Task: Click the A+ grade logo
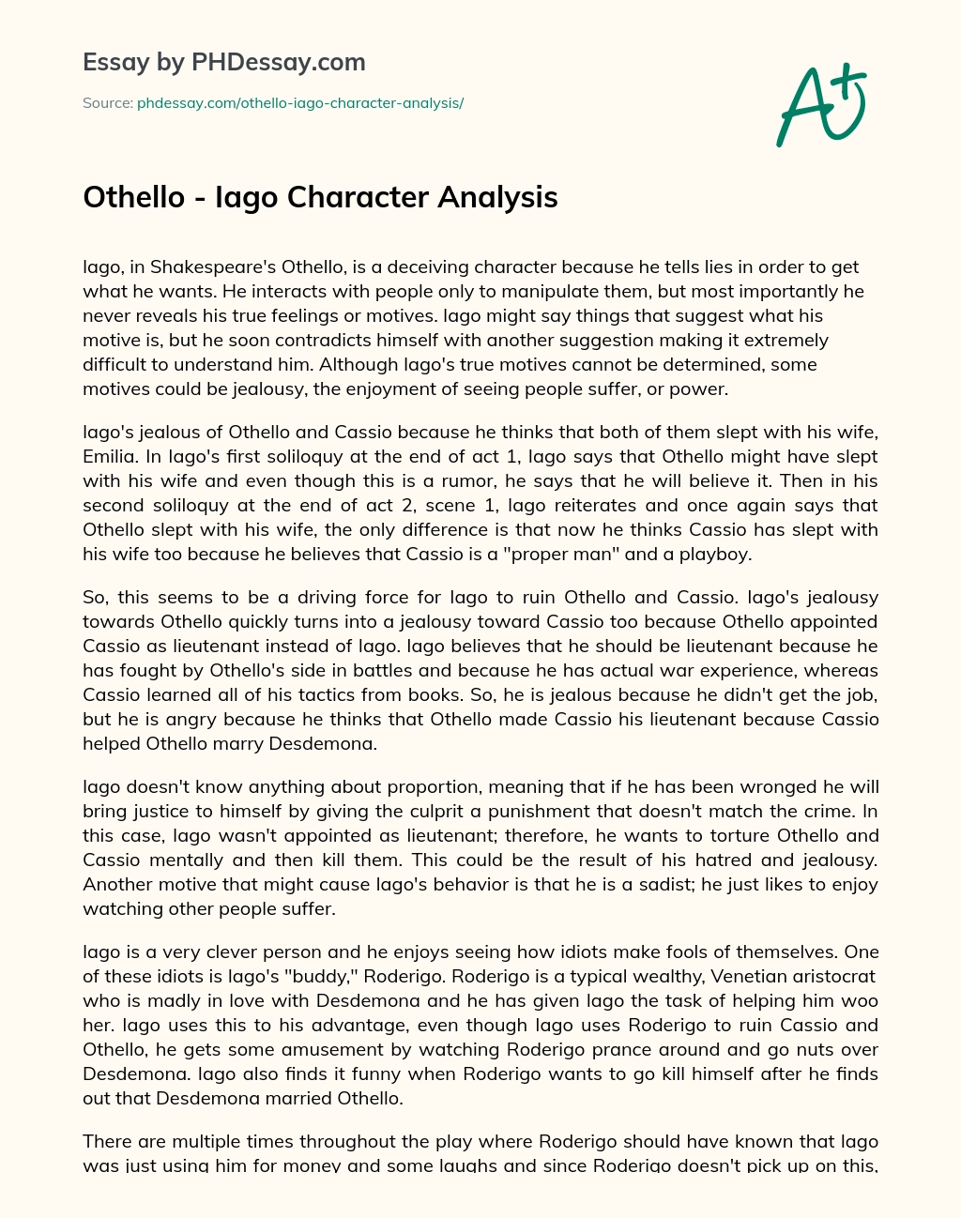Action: pos(820,106)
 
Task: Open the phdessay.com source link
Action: pos(300,102)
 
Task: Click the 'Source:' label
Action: pos(107,102)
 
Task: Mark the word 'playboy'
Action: pos(717,554)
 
